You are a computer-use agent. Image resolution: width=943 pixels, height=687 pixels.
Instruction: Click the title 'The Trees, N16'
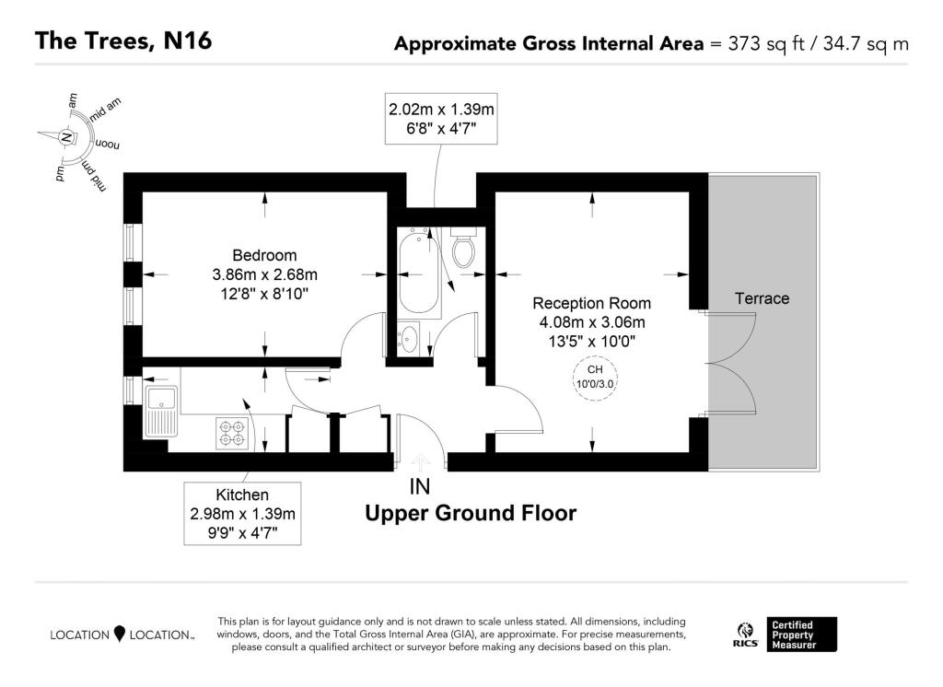tap(123, 41)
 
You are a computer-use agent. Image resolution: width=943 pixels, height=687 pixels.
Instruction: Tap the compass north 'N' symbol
tap(65, 138)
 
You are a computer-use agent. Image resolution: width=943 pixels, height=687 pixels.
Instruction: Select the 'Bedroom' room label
tap(264, 255)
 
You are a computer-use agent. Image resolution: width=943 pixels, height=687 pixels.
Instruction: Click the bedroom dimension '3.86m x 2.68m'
tap(264, 274)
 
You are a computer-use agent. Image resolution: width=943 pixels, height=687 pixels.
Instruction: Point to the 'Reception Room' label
tap(591, 303)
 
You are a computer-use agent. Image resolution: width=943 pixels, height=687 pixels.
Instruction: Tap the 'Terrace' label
tap(762, 298)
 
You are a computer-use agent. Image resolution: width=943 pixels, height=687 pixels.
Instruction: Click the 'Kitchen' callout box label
tap(242, 495)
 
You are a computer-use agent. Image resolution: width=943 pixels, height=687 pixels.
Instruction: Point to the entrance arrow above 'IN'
tap(422, 462)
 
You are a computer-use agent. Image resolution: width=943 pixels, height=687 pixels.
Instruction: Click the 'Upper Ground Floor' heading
tap(471, 513)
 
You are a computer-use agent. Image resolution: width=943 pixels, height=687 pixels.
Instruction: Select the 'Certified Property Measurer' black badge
tap(804, 634)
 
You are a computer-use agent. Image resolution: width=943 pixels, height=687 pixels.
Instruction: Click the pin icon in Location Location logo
tap(119, 634)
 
